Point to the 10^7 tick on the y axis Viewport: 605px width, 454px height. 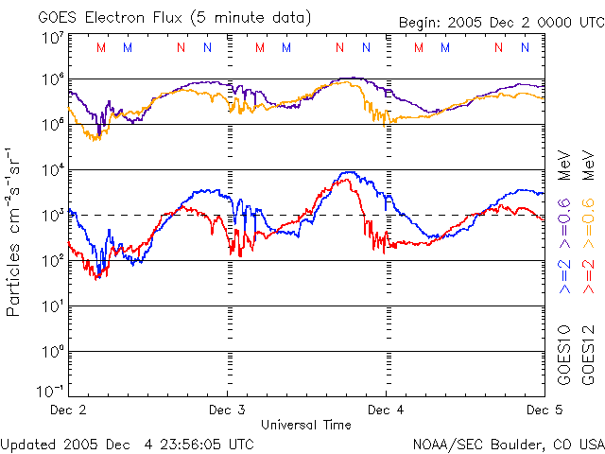52,38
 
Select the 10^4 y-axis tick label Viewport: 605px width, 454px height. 52,170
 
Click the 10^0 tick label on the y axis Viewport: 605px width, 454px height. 52,352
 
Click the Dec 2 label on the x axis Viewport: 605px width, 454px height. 67,410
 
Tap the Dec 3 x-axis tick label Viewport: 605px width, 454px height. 227,410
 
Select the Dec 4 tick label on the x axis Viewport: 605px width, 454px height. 386,410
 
